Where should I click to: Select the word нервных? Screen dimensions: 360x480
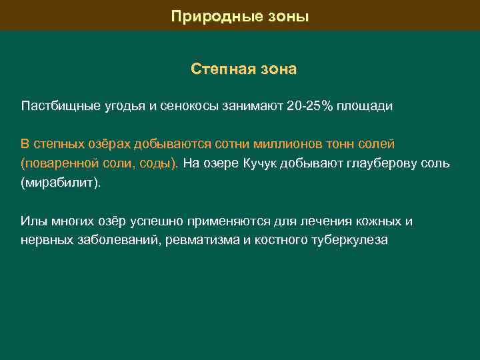(44, 240)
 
